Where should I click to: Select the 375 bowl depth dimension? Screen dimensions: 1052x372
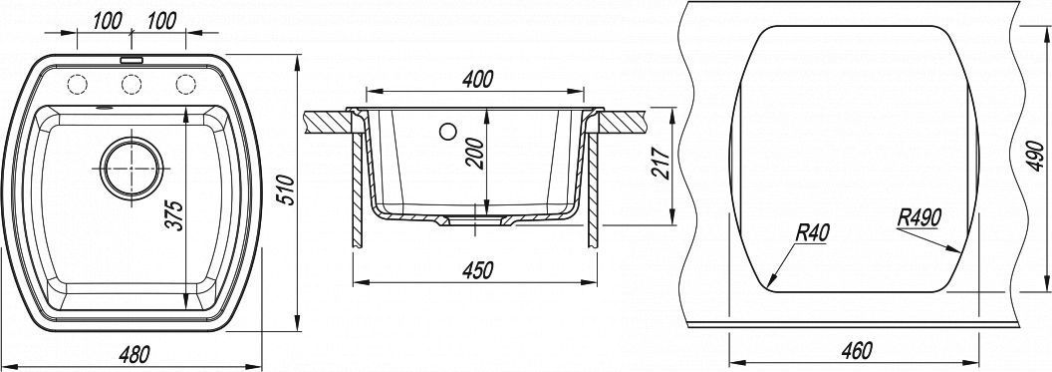tap(173, 214)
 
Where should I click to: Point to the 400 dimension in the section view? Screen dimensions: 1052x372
tap(477, 79)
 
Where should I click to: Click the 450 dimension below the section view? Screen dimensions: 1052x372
tap(477, 270)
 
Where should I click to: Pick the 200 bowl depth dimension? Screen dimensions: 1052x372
tap(475, 154)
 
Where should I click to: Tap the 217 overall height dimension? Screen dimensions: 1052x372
tap(660, 162)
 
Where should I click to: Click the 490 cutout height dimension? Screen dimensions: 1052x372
tap(1036, 158)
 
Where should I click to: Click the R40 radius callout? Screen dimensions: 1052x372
tap(813, 232)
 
